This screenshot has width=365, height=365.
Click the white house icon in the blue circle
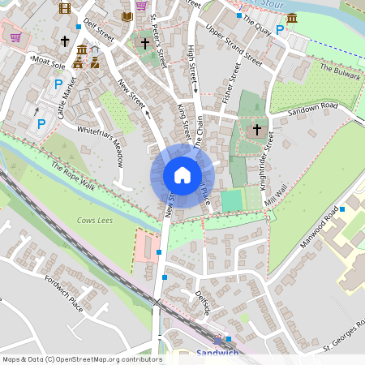(x=182, y=175)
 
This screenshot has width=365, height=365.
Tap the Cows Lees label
(x=95, y=220)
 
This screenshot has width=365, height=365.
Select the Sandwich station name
(x=218, y=353)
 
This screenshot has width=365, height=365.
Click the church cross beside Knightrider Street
(x=257, y=129)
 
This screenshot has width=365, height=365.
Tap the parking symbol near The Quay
(x=280, y=30)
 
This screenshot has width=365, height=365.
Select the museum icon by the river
(x=291, y=18)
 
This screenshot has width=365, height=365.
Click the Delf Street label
(x=97, y=32)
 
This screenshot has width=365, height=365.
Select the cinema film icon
(x=65, y=9)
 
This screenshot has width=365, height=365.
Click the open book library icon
(x=127, y=16)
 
